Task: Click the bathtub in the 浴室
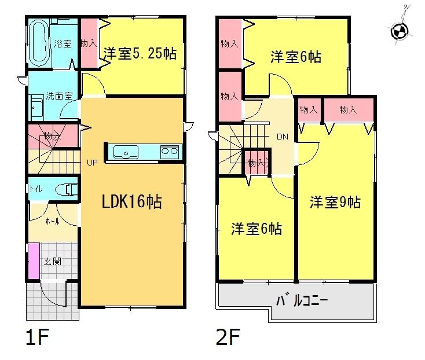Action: pyautogui.click(x=40, y=43)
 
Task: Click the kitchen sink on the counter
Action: pyautogui.click(x=124, y=152)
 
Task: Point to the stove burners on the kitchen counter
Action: pyautogui.click(x=169, y=152)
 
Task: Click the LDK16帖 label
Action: pyautogui.click(x=132, y=203)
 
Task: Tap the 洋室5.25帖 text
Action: pyautogui.click(x=140, y=54)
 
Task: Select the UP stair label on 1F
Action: pyautogui.click(x=91, y=163)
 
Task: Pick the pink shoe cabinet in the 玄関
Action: pyautogui.click(x=34, y=263)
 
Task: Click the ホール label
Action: pyautogui.click(x=52, y=221)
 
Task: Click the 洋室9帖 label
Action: pyautogui.click(x=335, y=202)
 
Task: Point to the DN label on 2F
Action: pyautogui.click(x=283, y=137)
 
